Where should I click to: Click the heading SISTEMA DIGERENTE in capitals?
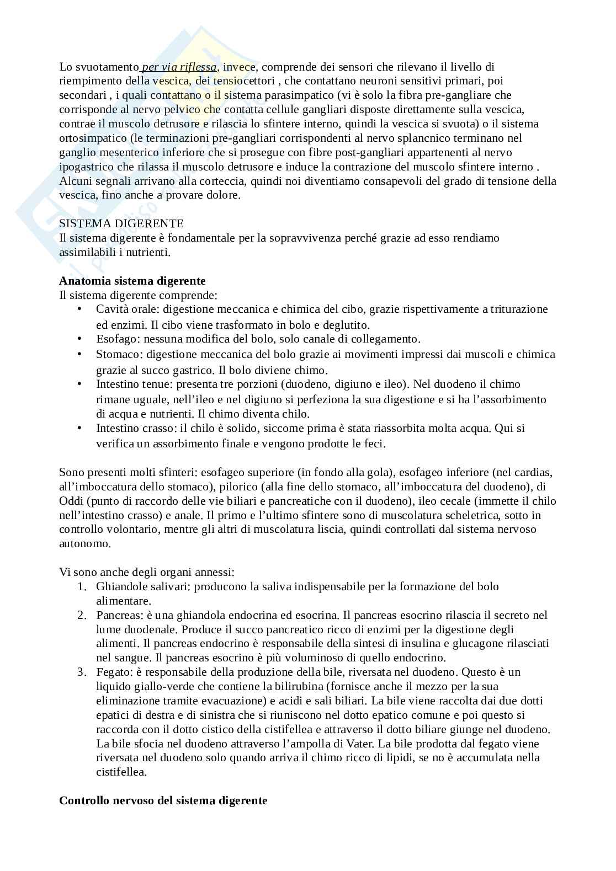(x=121, y=223)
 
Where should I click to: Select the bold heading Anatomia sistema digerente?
(x=132, y=281)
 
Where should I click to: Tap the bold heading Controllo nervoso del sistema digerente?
(x=163, y=800)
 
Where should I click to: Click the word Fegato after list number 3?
(x=112, y=672)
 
